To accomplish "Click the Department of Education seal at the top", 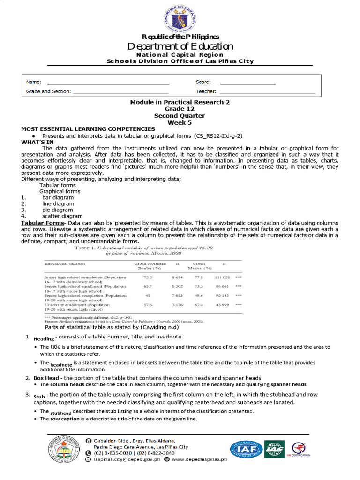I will point(180,17).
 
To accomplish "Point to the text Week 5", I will point(180,122).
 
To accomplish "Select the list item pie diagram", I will point(58,210).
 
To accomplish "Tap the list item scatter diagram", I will point(62,216).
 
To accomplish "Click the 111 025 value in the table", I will point(222,277).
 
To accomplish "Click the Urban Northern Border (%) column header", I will point(148,266).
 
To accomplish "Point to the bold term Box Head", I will point(46,378).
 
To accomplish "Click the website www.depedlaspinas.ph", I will point(199,459).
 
